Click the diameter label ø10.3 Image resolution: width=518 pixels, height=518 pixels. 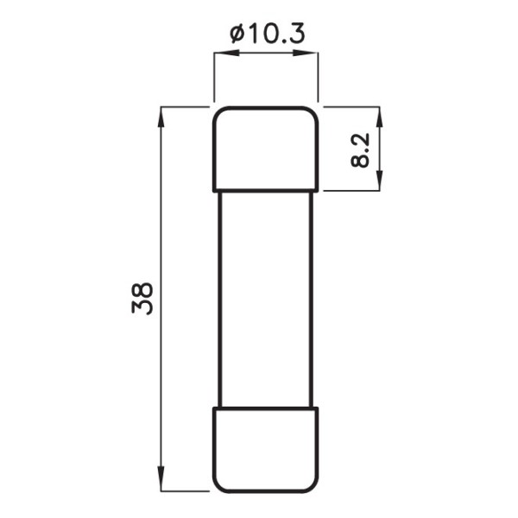pos(267,34)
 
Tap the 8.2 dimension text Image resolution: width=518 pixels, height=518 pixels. pos(360,150)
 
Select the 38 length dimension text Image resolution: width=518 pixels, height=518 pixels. pos(142,299)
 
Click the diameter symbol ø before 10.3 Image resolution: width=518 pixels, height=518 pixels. pos(237,34)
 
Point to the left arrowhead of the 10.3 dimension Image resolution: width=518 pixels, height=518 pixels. pos(226,53)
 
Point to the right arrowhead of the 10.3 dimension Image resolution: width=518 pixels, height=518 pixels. pos(306,53)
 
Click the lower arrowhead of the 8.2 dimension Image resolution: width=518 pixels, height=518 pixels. pos(380,179)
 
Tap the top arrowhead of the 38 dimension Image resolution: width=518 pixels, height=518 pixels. pos(161,119)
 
